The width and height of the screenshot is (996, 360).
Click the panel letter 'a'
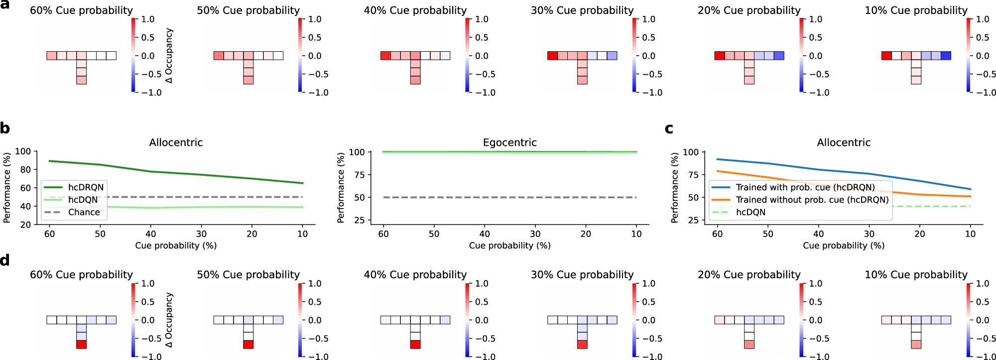(x=5, y=4)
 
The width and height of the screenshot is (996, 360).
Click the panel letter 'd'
(x=5, y=260)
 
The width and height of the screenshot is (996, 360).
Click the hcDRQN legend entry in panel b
(x=86, y=187)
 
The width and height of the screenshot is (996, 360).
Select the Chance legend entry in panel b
(x=84, y=212)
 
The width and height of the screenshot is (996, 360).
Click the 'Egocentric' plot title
(x=509, y=142)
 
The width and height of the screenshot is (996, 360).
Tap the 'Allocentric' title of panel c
(x=843, y=142)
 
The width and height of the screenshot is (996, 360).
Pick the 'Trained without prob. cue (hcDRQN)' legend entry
(x=812, y=200)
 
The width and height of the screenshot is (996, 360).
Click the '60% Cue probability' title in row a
(x=81, y=10)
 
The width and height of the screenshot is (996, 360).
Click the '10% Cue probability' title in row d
(x=915, y=275)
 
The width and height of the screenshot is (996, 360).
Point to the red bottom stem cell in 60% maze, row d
(x=82, y=344)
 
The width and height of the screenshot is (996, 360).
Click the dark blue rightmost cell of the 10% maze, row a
(x=946, y=56)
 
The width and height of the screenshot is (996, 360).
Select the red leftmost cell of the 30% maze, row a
(x=552, y=56)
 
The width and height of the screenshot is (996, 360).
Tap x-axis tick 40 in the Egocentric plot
(x=485, y=234)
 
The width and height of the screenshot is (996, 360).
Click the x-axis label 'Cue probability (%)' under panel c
(x=843, y=245)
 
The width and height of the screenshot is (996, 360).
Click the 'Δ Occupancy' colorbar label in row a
(x=169, y=55)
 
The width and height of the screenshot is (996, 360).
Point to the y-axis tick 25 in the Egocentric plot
(x=359, y=220)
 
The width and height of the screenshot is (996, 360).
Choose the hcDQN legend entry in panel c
(x=750, y=212)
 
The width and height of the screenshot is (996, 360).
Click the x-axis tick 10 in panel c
(x=970, y=234)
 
